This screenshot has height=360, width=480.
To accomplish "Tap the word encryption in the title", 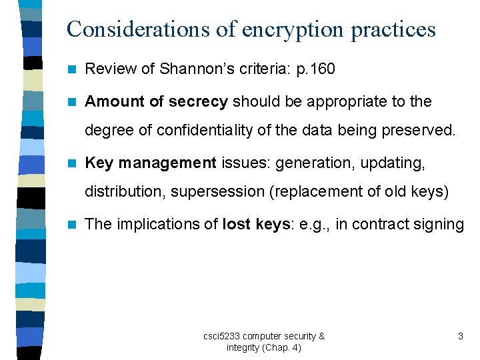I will click(x=281, y=29).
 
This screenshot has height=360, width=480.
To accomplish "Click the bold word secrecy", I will click(x=198, y=102).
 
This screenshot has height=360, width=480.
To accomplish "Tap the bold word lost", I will click(x=237, y=224).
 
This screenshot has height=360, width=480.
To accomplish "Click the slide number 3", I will click(x=460, y=336).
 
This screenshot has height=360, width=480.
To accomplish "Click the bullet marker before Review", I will click(x=73, y=69).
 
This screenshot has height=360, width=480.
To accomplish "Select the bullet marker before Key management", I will click(x=73, y=163).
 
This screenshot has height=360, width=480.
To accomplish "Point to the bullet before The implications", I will click(x=73, y=224).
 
